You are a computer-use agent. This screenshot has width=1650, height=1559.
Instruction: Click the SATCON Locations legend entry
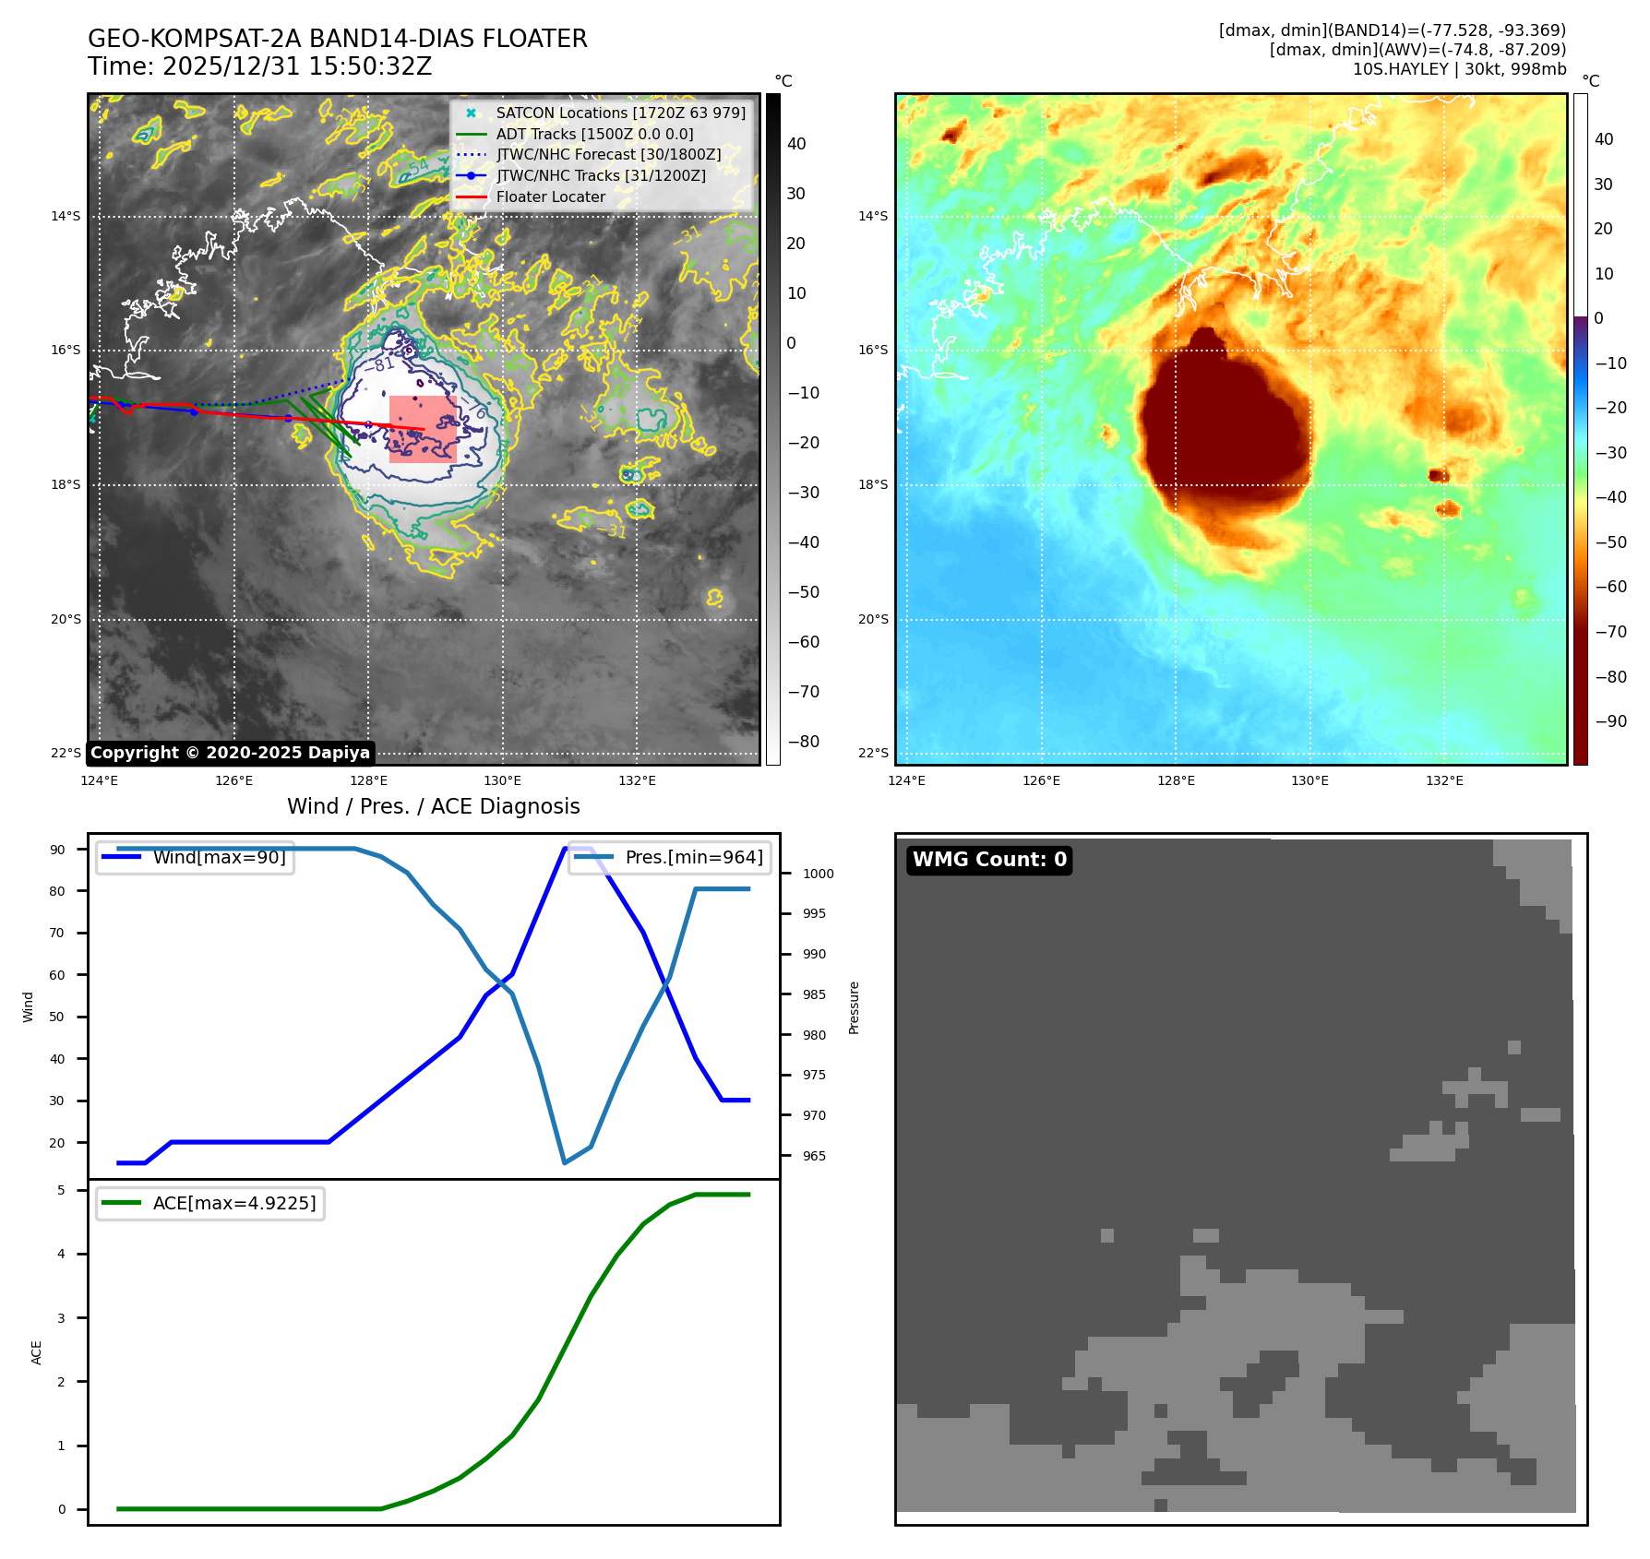click(x=619, y=113)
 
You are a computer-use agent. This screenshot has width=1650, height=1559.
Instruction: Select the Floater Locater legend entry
click(x=550, y=196)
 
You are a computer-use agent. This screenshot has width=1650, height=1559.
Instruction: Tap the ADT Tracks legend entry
click(x=594, y=134)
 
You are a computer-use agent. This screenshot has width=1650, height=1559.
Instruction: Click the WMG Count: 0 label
click(x=989, y=860)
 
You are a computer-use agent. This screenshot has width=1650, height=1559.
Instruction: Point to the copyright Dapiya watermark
click(x=230, y=753)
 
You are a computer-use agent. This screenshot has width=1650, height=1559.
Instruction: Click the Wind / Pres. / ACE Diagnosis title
click(x=433, y=806)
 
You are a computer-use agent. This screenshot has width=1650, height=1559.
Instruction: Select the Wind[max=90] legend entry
click(x=219, y=857)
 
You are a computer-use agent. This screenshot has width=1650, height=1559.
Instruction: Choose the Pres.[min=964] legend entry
click(x=693, y=857)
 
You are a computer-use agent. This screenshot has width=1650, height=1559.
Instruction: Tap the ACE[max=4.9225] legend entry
click(x=233, y=1203)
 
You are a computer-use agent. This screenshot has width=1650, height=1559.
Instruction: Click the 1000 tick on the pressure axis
click(x=818, y=874)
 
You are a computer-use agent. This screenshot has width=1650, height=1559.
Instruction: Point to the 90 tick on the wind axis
click(x=58, y=850)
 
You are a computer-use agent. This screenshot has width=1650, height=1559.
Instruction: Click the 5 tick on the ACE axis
click(x=62, y=1190)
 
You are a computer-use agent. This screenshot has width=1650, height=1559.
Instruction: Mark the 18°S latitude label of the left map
click(x=66, y=484)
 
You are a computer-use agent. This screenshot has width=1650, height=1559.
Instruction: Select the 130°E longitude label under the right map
click(x=1309, y=780)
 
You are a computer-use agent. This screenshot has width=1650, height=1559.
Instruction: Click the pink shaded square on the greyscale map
click(x=423, y=429)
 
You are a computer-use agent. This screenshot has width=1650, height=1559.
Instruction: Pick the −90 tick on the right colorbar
click(x=1610, y=721)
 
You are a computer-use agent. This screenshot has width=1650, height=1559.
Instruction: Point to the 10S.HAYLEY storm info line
click(x=1459, y=69)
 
